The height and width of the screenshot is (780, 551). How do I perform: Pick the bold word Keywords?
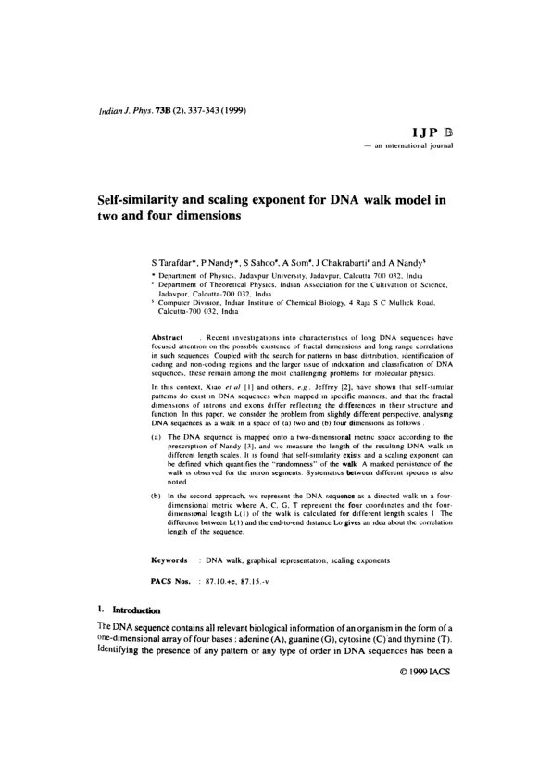click(171, 561)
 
